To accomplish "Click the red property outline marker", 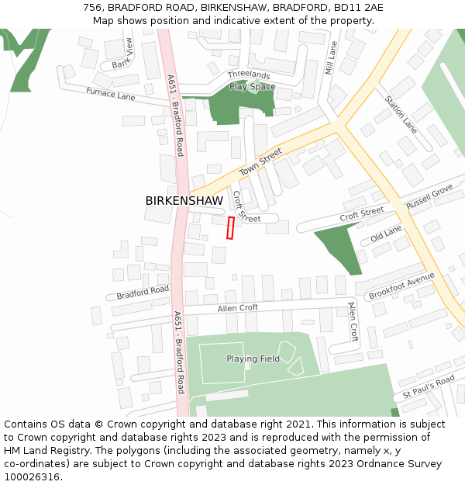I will click(x=230, y=228).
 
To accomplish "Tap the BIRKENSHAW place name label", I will click(x=184, y=201).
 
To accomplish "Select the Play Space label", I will click(x=252, y=87).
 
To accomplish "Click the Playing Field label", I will click(x=253, y=359).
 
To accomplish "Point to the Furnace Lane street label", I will click(x=110, y=95).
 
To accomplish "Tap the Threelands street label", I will click(x=249, y=75).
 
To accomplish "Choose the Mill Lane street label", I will click(x=332, y=58).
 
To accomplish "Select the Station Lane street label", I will click(x=401, y=114).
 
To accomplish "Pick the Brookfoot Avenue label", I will click(x=401, y=286).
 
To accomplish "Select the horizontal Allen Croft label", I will click(x=237, y=308).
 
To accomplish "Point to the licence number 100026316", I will click(x=33, y=476).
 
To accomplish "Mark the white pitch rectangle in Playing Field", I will click(x=222, y=362).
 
